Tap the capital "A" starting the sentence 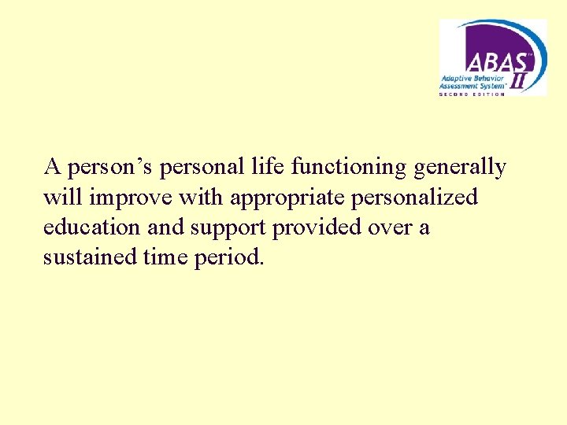(x=53, y=167)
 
